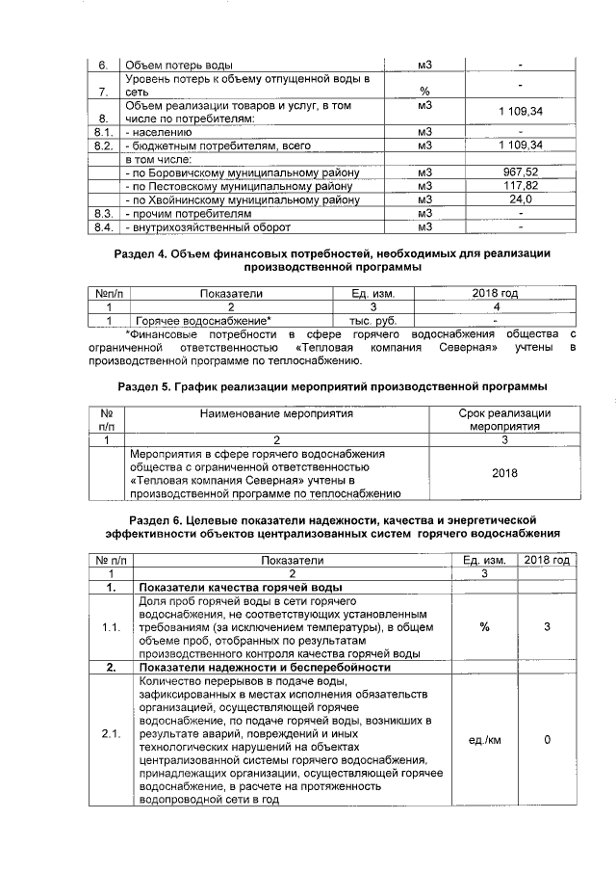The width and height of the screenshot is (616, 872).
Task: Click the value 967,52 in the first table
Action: coord(520,172)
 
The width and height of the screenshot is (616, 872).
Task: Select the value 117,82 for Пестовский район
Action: coord(520,185)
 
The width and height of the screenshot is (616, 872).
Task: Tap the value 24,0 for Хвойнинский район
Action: coord(520,199)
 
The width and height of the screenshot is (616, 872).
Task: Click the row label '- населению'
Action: coord(160,130)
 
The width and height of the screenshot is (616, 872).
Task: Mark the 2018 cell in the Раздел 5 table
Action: coord(503,473)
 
